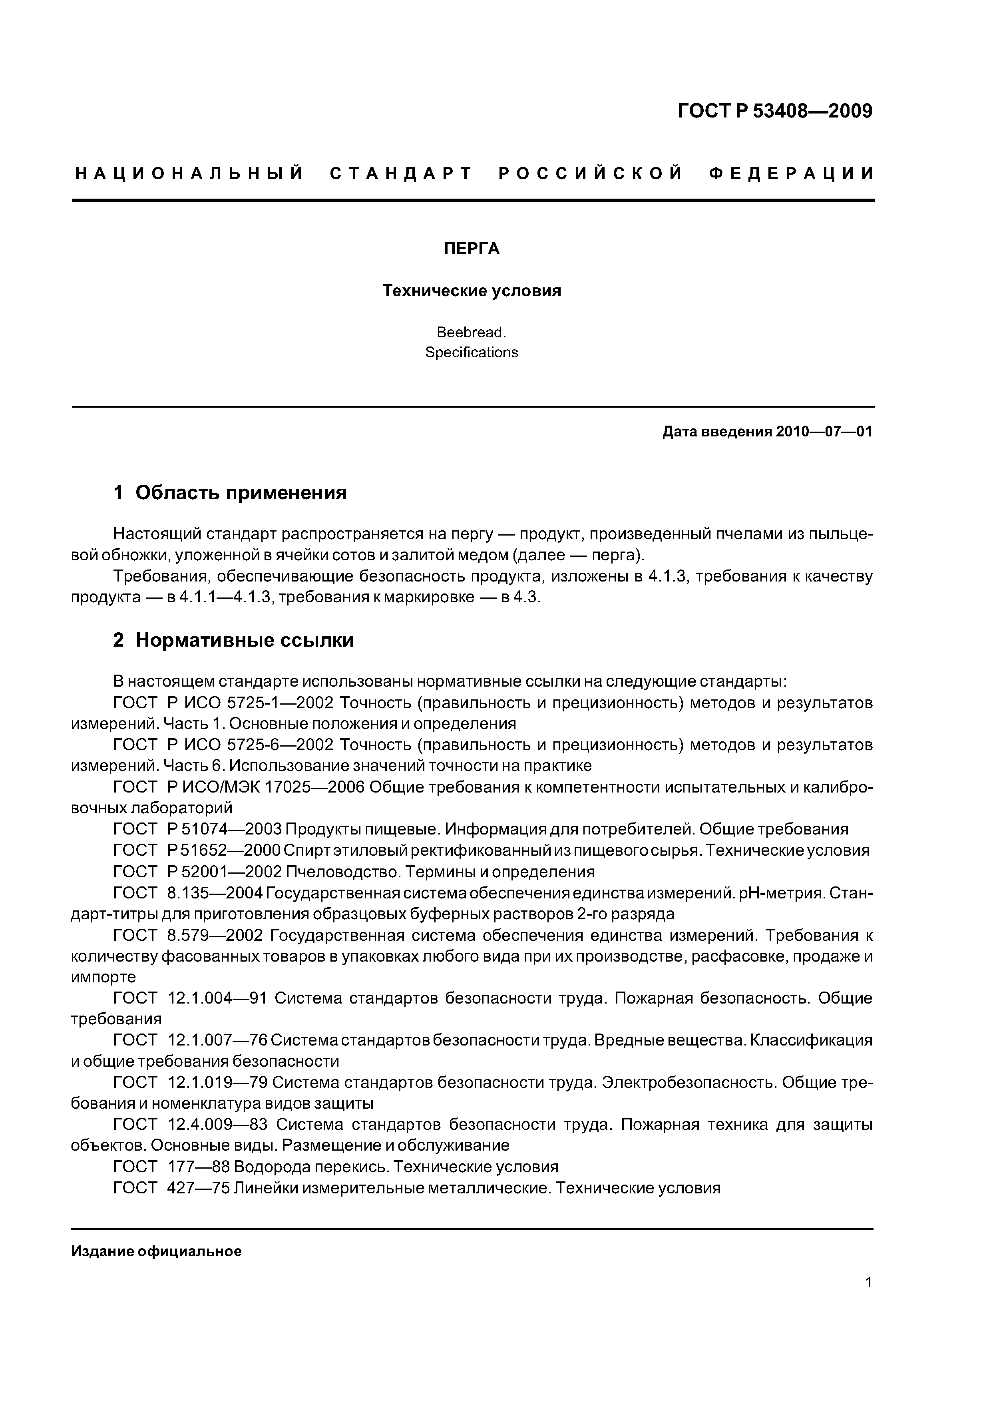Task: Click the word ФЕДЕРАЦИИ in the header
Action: (791, 174)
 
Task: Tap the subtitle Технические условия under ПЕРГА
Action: (472, 291)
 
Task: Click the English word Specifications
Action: (472, 352)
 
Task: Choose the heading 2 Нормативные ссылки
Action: (233, 640)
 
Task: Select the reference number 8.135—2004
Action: (214, 893)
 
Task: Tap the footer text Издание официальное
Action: (156, 1252)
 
